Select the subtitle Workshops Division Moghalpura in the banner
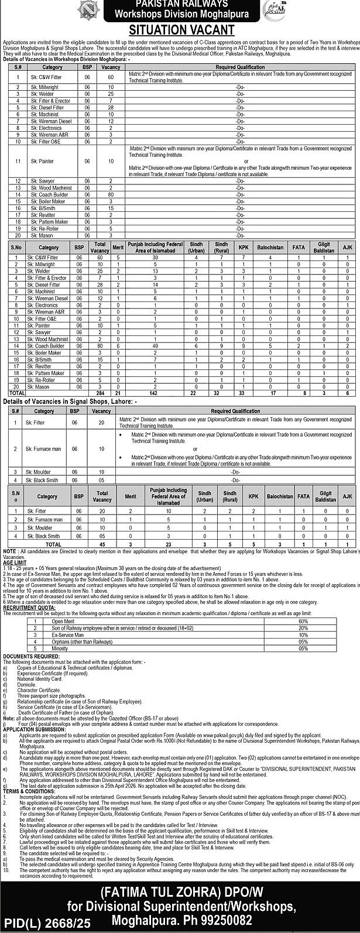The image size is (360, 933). (181, 13)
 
